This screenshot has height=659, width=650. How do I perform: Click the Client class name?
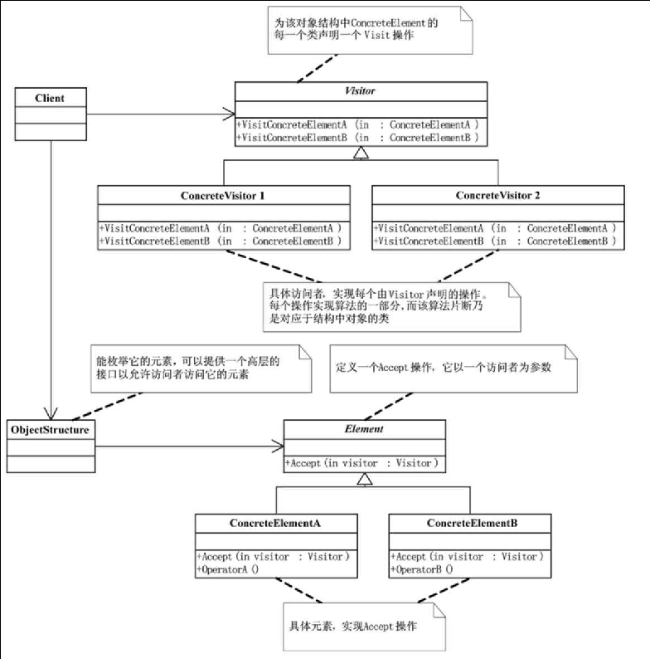[50, 98]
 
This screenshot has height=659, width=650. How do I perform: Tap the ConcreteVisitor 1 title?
[222, 196]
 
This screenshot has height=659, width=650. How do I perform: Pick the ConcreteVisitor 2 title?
[497, 196]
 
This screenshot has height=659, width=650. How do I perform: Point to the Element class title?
[364, 431]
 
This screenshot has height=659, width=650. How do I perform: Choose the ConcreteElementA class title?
[276, 524]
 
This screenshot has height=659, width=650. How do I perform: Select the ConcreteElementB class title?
[469, 524]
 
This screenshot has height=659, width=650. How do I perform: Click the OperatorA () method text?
[226, 569]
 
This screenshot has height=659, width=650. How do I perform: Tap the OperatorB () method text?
[421, 569]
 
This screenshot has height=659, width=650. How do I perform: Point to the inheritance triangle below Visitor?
[359, 153]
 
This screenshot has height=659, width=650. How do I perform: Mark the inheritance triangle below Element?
[364, 479]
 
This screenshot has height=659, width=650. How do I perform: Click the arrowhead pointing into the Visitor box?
[229, 114]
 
